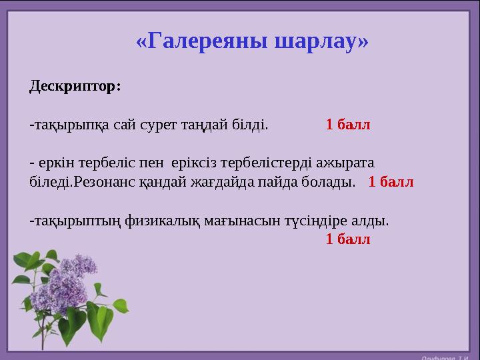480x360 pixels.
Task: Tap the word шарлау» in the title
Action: (321, 42)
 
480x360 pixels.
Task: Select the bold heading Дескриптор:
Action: (75, 87)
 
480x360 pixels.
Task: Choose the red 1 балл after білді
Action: (347, 125)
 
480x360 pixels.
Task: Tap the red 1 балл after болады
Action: (391, 181)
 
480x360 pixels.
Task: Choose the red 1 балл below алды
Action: (347, 239)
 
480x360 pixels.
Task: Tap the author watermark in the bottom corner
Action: (447, 355)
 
